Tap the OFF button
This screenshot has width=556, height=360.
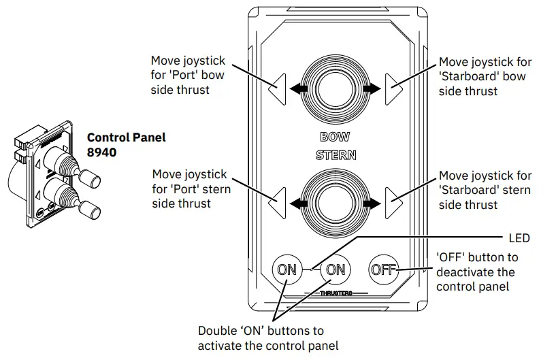(383, 269)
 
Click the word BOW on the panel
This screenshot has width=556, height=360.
(335, 137)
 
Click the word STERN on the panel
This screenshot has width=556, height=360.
(336, 155)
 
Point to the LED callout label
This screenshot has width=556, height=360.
(519, 239)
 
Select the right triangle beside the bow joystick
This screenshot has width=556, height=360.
(392, 88)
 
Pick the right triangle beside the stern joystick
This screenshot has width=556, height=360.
(392, 202)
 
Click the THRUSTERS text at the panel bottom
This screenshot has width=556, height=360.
(336, 293)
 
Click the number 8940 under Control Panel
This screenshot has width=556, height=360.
(101, 153)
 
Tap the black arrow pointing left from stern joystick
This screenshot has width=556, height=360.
(297, 202)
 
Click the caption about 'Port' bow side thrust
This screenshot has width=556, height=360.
(188, 76)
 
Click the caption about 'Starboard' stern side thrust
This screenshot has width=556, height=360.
(485, 190)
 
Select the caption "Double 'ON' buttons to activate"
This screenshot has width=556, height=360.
(267, 338)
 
